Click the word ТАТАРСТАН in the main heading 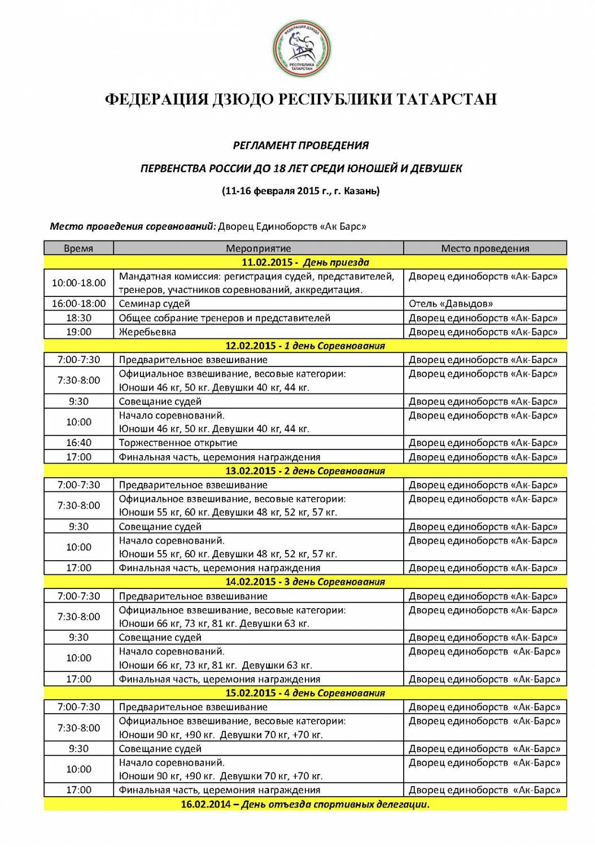tap(446, 99)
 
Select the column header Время tap(78, 248)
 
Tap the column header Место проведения tap(485, 248)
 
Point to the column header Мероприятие tap(259, 248)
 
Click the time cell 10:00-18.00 tap(78, 283)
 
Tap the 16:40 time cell tap(78, 443)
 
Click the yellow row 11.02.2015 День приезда tap(305, 262)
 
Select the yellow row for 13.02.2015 tap(305, 471)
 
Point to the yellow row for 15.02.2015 tap(305, 693)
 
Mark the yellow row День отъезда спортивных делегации tap(305, 804)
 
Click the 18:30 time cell tap(78, 318)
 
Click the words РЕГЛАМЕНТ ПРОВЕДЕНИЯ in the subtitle tap(301, 146)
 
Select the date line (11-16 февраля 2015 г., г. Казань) tap(301, 191)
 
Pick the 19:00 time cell tap(78, 332)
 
